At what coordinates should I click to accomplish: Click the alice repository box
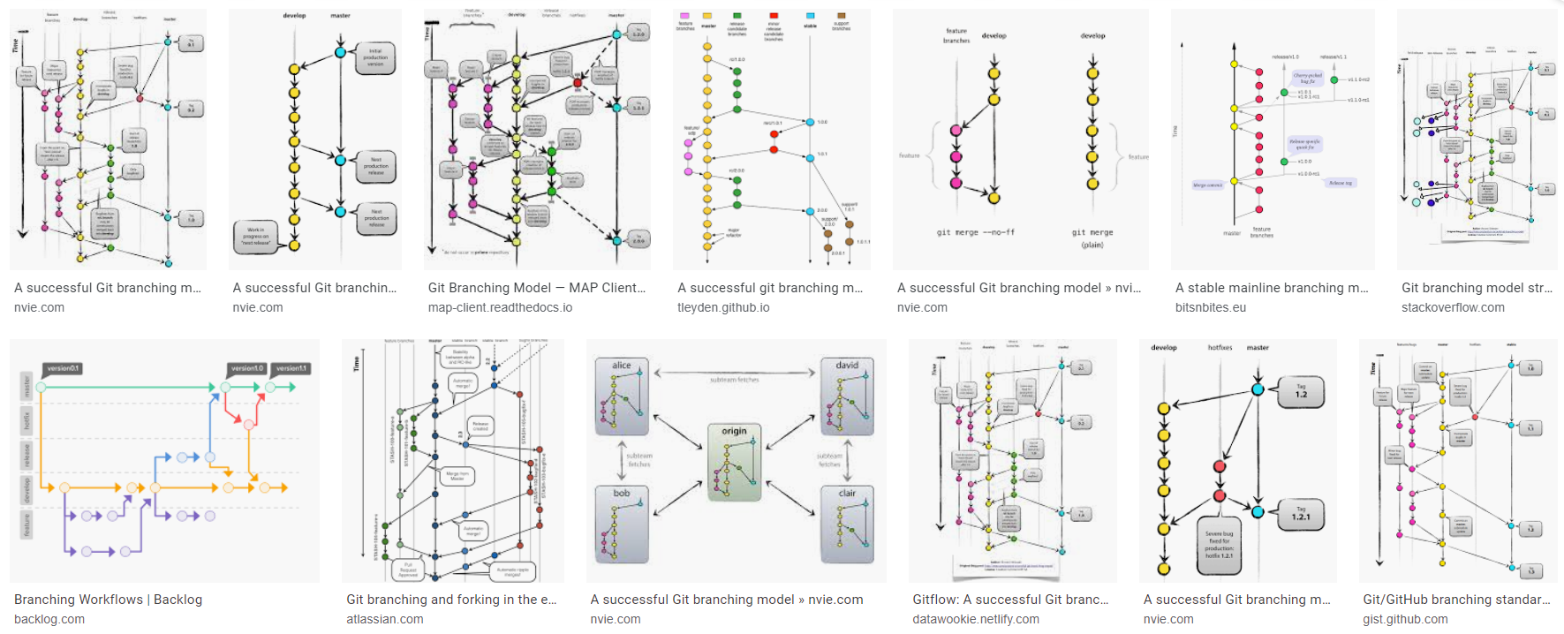pyautogui.click(x=622, y=396)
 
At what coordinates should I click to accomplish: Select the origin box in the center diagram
pyautogui.click(x=734, y=462)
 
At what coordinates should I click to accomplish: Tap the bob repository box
pyautogui.click(x=622, y=524)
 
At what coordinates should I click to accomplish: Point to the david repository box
pyautogui.click(x=847, y=396)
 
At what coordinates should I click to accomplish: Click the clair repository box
pyautogui.click(x=847, y=524)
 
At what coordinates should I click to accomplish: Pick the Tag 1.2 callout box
pyautogui.click(x=1301, y=391)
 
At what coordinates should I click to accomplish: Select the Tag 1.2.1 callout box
pyautogui.click(x=1301, y=514)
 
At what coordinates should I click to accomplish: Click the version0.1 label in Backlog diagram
pyautogui.click(x=63, y=368)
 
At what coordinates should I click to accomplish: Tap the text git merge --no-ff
pyautogui.click(x=975, y=232)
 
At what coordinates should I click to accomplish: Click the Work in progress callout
pyautogui.click(x=255, y=234)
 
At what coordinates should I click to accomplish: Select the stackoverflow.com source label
pyautogui.click(x=1453, y=307)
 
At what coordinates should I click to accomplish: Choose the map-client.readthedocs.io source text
pyautogui.click(x=500, y=307)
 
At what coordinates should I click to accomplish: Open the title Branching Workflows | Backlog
pyautogui.click(x=108, y=600)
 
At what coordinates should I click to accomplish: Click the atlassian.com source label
pyautogui.click(x=384, y=619)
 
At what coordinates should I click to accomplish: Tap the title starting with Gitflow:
pyautogui.click(x=1010, y=600)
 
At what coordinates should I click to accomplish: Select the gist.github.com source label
pyautogui.click(x=1404, y=619)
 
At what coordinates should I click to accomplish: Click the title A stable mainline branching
pyautogui.click(x=1271, y=288)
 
